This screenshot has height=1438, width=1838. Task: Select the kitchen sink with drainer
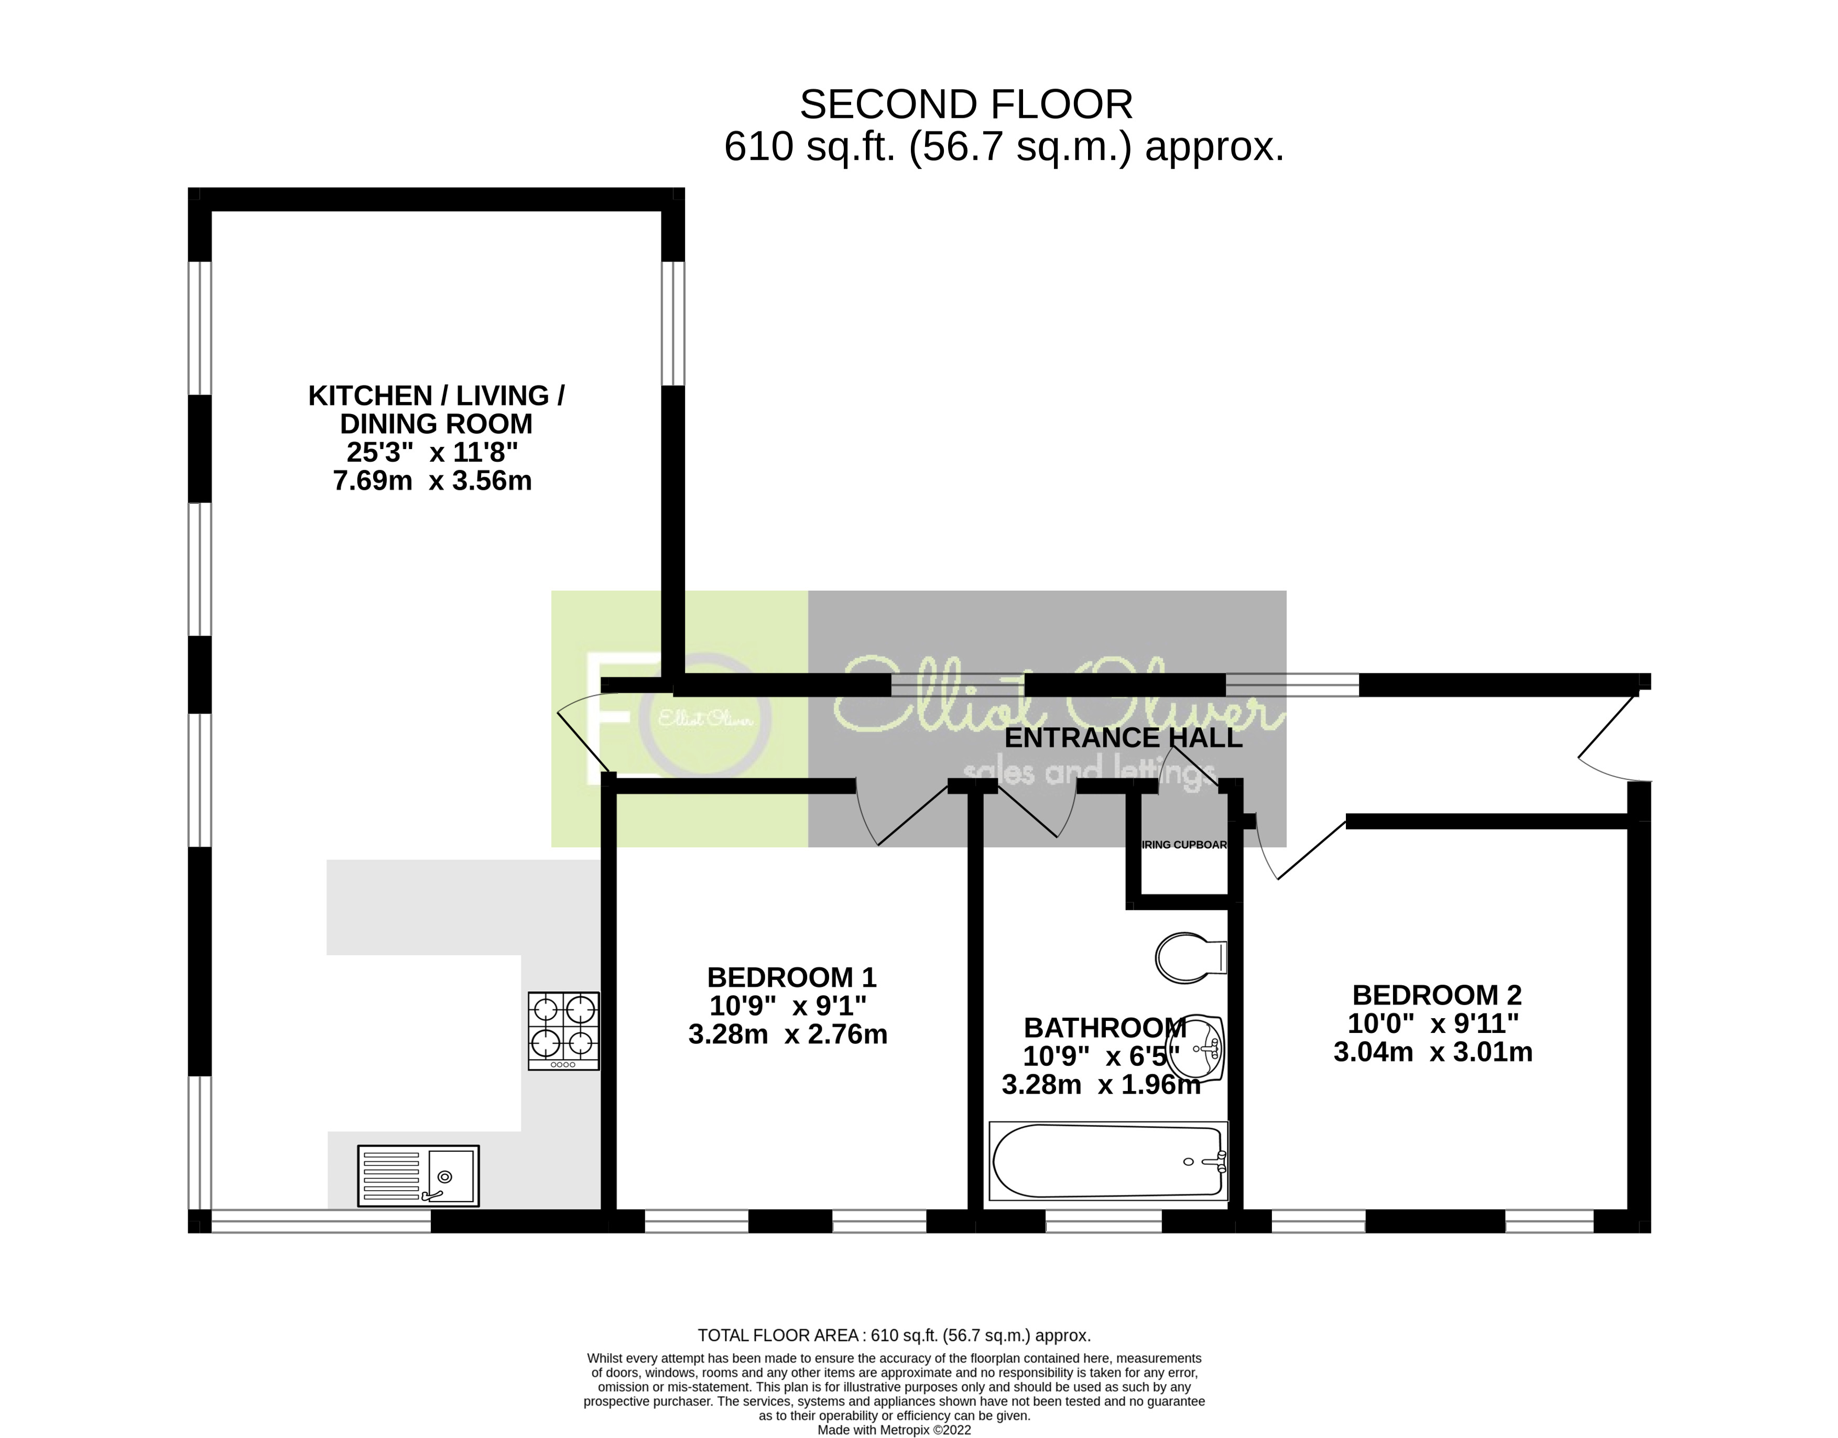pyautogui.click(x=418, y=1175)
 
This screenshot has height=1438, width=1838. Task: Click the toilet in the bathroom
pyautogui.click(x=1191, y=957)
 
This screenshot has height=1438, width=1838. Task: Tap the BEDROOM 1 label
pyautogui.click(x=791, y=977)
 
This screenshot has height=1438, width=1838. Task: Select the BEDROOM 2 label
pyautogui.click(x=1437, y=995)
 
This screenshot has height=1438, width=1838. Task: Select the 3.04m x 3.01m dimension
pyautogui.click(x=1432, y=1052)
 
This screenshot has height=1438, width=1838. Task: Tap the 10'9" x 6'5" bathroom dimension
pyautogui.click(x=1101, y=1056)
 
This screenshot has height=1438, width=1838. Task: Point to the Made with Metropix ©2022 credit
pyautogui.click(x=894, y=1430)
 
